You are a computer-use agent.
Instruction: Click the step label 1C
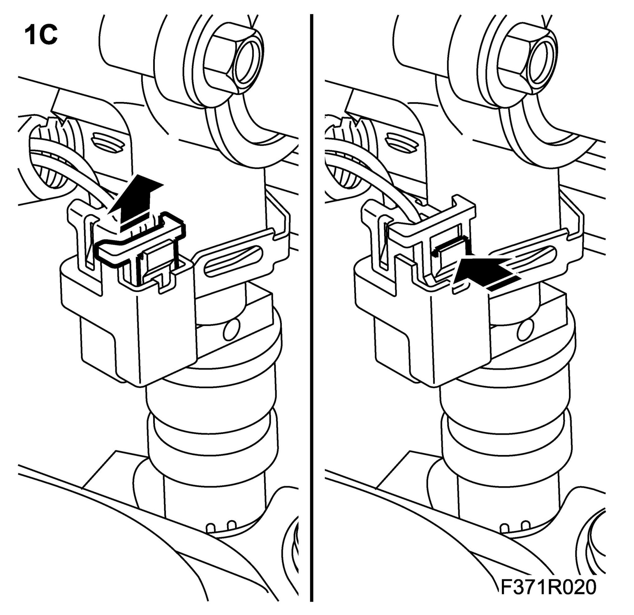pos(41,36)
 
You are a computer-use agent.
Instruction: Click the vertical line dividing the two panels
pos(311,307)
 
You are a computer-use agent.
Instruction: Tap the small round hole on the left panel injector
pos(232,330)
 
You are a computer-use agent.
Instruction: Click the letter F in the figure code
pos(507,588)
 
